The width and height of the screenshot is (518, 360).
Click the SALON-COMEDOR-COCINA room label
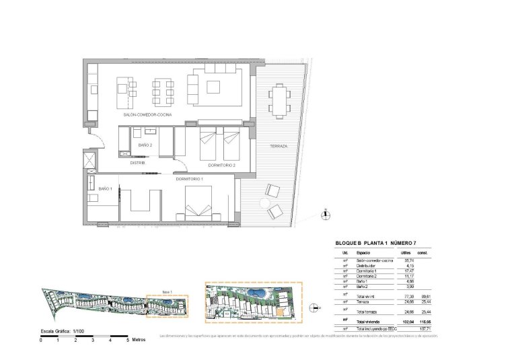click(x=147, y=116)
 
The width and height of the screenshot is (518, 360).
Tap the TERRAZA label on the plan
click(x=279, y=146)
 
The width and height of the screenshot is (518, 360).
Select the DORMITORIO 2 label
click(x=221, y=165)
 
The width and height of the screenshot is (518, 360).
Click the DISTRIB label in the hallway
click(x=138, y=162)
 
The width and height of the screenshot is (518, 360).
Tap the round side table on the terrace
click(x=265, y=203)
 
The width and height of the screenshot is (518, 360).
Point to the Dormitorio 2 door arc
click(x=181, y=152)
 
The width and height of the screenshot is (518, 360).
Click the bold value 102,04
click(x=406, y=321)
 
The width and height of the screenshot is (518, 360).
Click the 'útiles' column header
click(x=406, y=252)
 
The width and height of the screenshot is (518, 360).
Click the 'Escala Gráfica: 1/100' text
click(x=65, y=332)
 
